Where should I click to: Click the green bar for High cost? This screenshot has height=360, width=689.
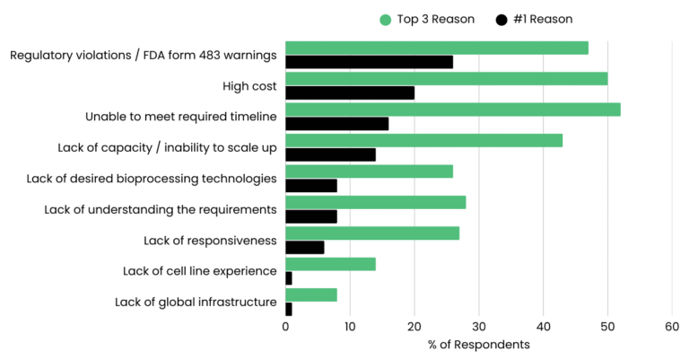[446, 79]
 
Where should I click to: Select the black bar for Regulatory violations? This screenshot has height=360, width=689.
[369, 62]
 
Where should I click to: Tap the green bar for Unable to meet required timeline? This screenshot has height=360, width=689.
[452, 110]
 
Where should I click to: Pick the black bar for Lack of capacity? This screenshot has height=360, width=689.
[330, 154]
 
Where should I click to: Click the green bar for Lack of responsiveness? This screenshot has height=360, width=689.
[372, 233]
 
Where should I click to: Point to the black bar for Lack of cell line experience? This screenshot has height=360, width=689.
[289, 278]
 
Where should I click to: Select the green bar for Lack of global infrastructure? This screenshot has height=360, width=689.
[311, 294]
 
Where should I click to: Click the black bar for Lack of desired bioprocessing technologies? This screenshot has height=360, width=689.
[311, 186]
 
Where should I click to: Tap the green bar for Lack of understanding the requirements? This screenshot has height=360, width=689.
[375, 202]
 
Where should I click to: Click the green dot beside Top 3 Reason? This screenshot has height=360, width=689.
[386, 19]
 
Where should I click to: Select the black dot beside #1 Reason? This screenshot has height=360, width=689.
[502, 19]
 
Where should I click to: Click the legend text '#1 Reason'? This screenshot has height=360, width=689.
[543, 19]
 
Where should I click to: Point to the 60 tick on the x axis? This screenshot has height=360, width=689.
[672, 328]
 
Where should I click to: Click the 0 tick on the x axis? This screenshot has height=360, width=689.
[285, 328]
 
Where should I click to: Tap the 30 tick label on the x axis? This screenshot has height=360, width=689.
[478, 328]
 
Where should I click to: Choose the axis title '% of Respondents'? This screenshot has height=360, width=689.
[478, 345]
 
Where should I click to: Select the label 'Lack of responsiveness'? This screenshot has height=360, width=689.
[210, 240]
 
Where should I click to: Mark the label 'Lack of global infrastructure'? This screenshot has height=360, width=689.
[196, 302]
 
